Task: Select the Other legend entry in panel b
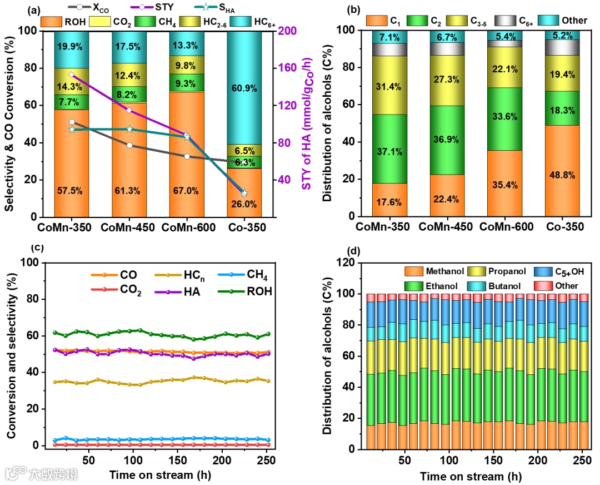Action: (573, 21)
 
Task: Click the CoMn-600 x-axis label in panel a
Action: (187, 227)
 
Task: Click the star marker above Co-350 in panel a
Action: (244, 193)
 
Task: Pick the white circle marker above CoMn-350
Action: (72, 122)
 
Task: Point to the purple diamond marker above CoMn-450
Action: (129, 111)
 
